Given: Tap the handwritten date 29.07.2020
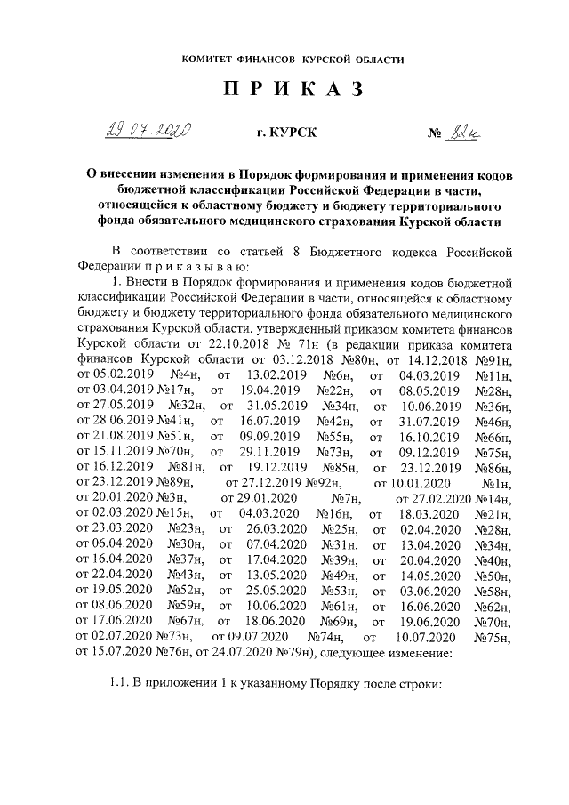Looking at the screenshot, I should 148,133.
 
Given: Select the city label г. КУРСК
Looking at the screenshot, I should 285,133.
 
